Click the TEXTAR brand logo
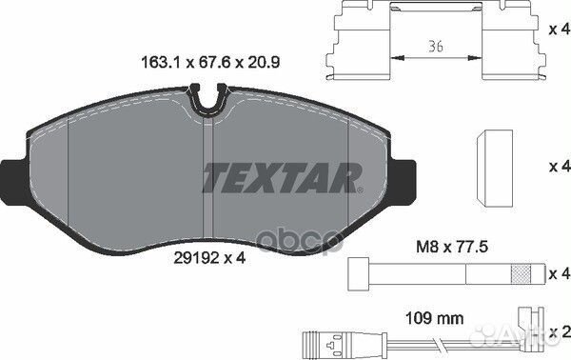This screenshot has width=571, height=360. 282,176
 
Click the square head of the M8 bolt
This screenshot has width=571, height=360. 360,273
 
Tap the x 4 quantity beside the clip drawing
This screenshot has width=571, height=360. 559,30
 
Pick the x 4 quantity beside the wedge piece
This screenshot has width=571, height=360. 559,166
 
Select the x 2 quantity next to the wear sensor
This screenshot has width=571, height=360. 559,331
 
